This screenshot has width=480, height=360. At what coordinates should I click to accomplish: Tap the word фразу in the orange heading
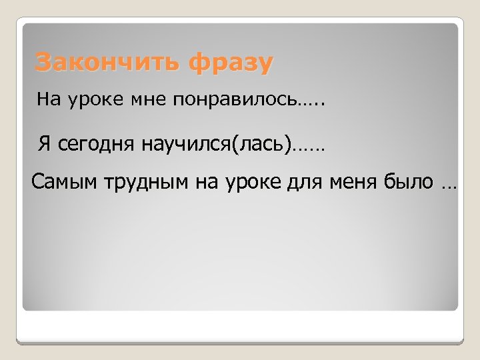[231, 63]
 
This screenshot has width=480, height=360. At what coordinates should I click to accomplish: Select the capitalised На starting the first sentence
[49, 100]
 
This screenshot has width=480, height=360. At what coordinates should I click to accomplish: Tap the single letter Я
[45, 143]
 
